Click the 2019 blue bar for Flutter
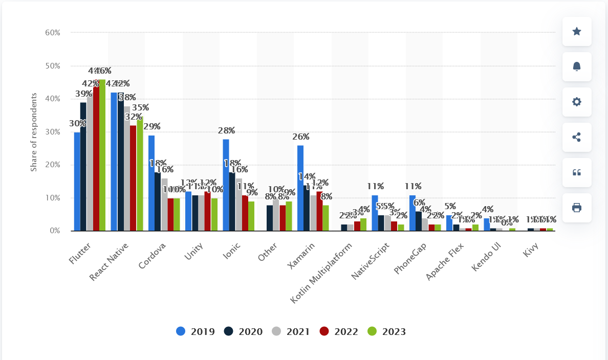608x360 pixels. pos(77,182)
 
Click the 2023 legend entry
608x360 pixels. pos(387,331)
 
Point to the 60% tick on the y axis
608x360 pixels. pos(53,32)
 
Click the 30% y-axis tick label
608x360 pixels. pos(53,132)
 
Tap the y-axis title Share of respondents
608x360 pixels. pos(34,132)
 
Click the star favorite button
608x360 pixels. pos(577,32)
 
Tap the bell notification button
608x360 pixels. pos(577,66)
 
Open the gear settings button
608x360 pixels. pos(577,102)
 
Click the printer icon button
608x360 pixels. pos(577,208)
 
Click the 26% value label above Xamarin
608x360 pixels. pos(301,137)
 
